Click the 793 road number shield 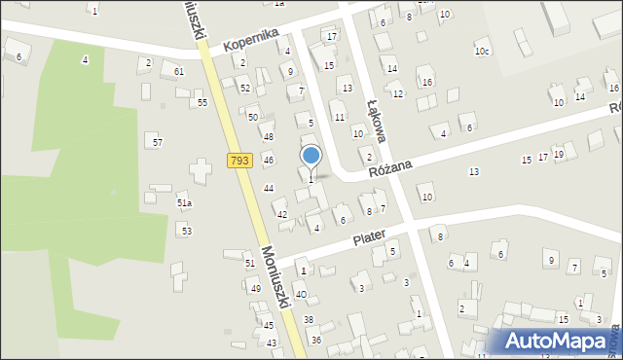240,161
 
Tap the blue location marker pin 311,157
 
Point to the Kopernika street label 251,39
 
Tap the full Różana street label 390,167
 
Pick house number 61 178,72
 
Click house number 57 157,142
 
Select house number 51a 184,203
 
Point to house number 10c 482,51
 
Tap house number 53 186,231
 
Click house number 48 268,137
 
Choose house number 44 269,188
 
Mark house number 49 255,289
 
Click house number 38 309,319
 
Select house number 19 558,154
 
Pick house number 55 202,102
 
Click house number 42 282,214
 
